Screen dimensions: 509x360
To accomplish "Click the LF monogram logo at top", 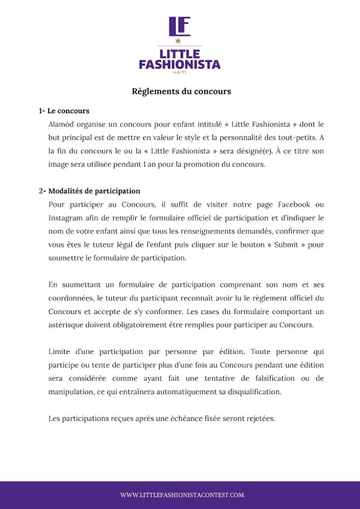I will [x=180, y=26].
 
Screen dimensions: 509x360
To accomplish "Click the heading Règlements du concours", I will [x=181, y=91].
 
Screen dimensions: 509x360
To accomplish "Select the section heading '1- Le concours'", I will [x=64, y=111].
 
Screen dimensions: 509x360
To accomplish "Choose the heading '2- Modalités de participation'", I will [x=90, y=191].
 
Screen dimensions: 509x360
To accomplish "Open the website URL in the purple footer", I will [x=182, y=495].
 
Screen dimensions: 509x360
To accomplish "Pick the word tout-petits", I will [x=295, y=137].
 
